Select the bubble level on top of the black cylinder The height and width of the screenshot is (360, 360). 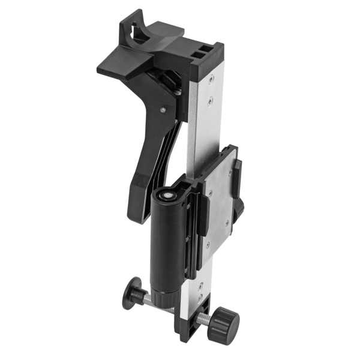tap(167, 194)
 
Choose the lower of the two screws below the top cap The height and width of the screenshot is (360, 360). tap(209, 103)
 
